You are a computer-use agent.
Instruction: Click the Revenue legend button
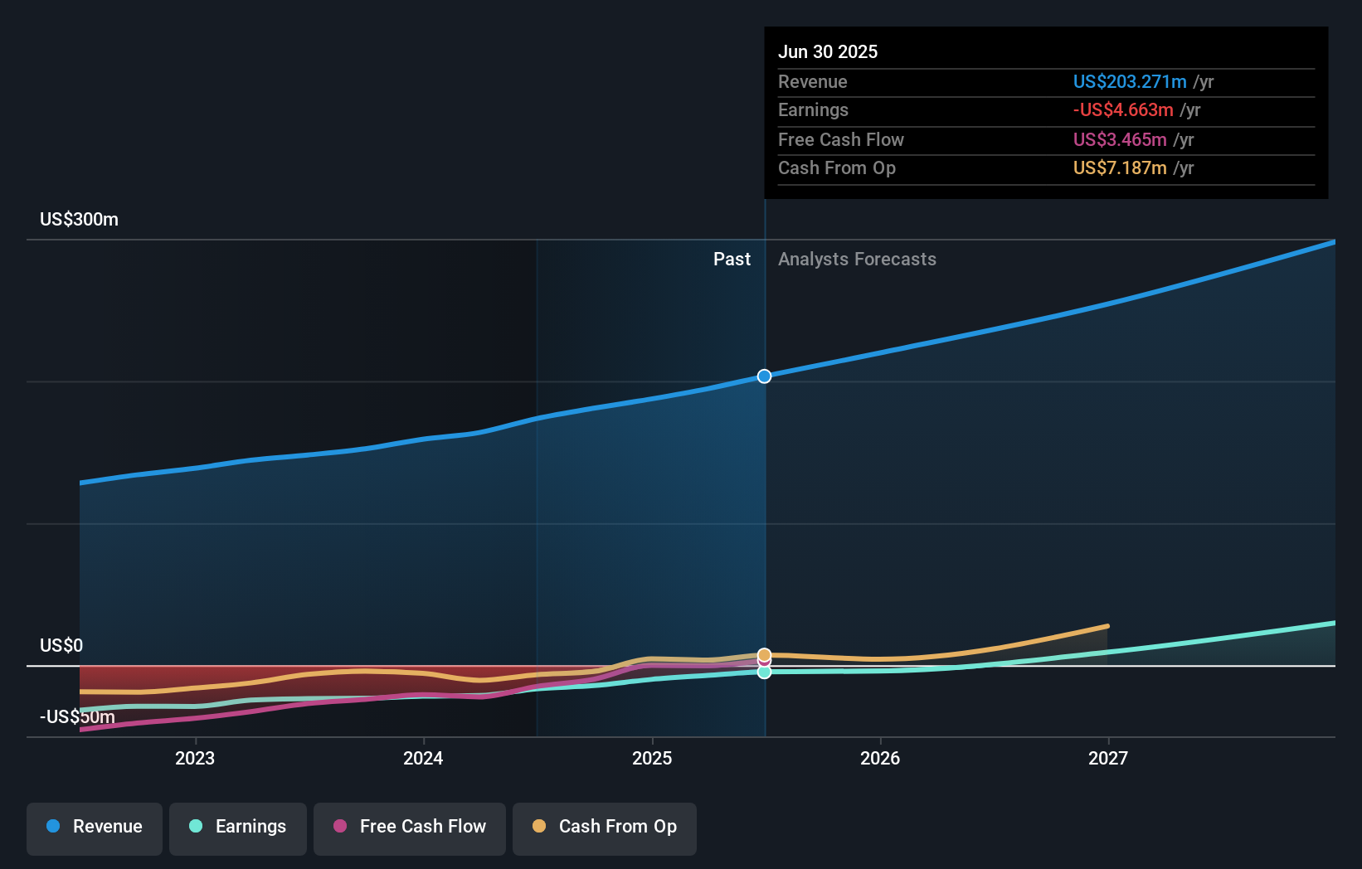(x=95, y=827)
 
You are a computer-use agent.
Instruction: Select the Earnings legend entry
(x=238, y=827)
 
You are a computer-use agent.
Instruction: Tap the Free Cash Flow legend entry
(x=410, y=827)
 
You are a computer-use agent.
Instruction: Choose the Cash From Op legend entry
(x=605, y=827)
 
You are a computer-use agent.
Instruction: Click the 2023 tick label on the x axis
(x=195, y=758)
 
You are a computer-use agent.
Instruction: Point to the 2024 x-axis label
(x=423, y=758)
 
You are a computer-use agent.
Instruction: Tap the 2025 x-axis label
(x=652, y=758)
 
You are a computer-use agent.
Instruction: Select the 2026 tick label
(x=880, y=758)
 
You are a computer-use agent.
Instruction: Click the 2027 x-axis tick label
(x=1108, y=758)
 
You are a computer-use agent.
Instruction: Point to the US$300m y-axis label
(x=79, y=220)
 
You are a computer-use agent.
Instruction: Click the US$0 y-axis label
(x=61, y=645)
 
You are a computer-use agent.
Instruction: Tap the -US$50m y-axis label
(x=77, y=716)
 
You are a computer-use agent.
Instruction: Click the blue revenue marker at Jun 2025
(x=764, y=376)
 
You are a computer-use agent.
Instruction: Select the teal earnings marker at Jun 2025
(x=764, y=672)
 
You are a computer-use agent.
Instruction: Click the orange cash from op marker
(x=764, y=654)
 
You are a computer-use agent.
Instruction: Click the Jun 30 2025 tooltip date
(x=827, y=51)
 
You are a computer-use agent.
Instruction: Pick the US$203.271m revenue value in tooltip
(x=1129, y=81)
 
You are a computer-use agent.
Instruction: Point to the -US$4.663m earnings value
(x=1123, y=110)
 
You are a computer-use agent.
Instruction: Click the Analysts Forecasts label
(x=857, y=260)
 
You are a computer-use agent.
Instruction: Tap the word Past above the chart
(x=732, y=260)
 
